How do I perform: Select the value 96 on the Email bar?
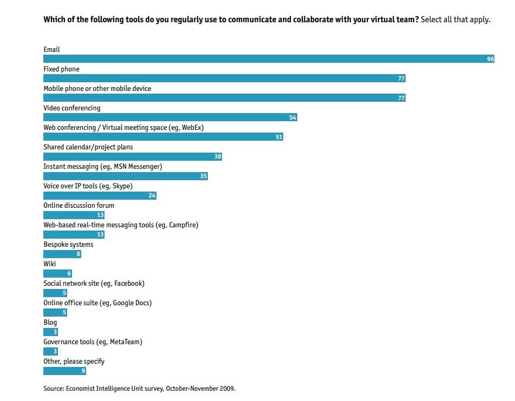click(x=490, y=59)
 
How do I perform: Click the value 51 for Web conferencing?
click(x=279, y=137)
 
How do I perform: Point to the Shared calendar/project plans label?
click(x=88, y=147)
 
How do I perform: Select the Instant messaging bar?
click(x=125, y=176)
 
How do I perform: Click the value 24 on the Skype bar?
click(x=152, y=195)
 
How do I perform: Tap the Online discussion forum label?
click(x=79, y=205)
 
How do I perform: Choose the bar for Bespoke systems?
click(x=62, y=254)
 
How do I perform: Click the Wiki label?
click(x=50, y=264)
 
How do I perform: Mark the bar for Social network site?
click(x=55, y=293)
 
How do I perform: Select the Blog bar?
click(x=50, y=332)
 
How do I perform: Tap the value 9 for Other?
click(x=82, y=371)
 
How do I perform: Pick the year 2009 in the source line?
click(x=227, y=388)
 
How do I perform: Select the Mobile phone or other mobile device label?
click(x=97, y=88)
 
